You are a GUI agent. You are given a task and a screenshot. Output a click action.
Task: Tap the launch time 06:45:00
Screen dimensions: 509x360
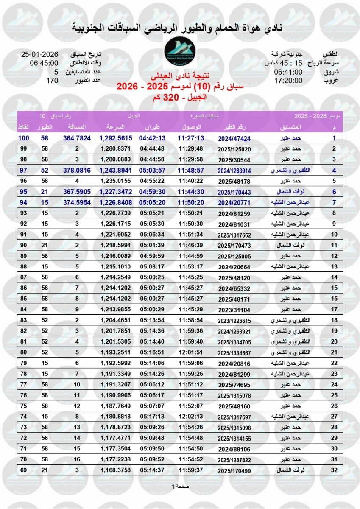pos(44,63)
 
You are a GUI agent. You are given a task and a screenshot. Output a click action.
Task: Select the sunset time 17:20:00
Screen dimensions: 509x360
pos(288,80)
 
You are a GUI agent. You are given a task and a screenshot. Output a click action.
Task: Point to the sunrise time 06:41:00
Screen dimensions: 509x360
pos(288,72)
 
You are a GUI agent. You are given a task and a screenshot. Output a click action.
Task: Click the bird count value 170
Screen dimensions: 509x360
pos(52,80)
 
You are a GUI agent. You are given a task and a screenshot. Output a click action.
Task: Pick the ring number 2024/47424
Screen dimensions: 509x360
pos(234,138)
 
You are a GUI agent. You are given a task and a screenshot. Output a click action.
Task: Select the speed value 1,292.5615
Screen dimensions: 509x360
pos(116,138)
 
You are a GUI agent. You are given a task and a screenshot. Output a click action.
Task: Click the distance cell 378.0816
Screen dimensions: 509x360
pos(77,170)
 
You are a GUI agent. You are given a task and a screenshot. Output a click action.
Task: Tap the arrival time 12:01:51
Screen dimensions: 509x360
pos(191,352)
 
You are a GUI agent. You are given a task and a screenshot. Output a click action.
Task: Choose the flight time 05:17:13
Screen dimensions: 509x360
pos(152,417)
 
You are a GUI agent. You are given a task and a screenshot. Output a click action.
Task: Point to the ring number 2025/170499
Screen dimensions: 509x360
pos(234,470)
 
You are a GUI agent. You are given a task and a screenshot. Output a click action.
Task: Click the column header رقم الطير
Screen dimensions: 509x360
pos(234,127)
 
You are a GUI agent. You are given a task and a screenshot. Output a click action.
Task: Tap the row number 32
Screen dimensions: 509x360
pos(334,470)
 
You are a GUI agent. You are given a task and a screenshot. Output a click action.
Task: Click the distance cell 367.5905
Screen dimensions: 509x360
pos(77,191)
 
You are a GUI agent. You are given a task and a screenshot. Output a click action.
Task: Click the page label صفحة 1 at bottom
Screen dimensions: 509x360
pos(180,486)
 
